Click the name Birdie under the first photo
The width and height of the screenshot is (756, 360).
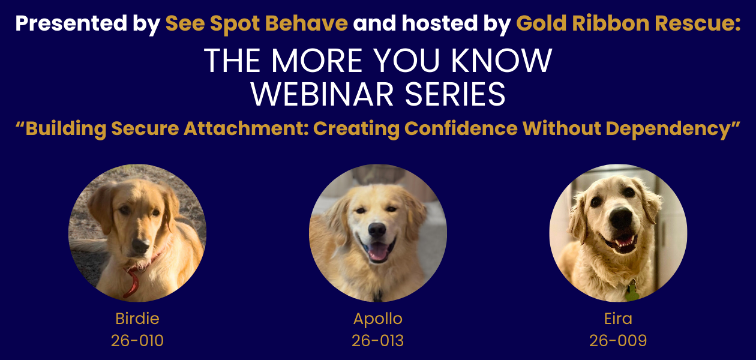[137, 318]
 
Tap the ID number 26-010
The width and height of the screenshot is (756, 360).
[137, 341]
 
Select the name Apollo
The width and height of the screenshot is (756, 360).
[377, 318]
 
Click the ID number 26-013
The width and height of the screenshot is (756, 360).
[377, 341]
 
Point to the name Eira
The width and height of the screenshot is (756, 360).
[618, 318]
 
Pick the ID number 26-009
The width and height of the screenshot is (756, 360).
[618, 341]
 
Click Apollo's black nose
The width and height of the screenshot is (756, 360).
[377, 230]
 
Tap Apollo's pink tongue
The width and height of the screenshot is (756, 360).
[378, 252]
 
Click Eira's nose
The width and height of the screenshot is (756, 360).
[621, 219]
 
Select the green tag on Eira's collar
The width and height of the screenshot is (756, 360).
[632, 292]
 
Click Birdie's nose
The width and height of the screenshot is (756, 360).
[140, 245]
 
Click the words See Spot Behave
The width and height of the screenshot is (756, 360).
[256, 23]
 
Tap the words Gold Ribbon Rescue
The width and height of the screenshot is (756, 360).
[628, 23]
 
